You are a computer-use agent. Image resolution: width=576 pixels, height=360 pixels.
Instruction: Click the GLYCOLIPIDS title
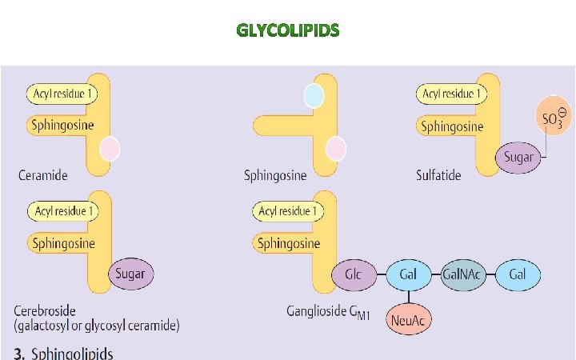(288, 31)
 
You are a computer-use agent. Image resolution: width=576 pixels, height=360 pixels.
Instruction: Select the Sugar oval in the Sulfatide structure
(518, 157)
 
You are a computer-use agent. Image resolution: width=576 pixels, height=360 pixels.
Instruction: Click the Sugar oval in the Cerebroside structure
(130, 274)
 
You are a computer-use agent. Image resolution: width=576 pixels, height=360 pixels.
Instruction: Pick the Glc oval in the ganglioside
(354, 274)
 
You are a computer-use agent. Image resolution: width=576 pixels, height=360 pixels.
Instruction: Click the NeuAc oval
(408, 320)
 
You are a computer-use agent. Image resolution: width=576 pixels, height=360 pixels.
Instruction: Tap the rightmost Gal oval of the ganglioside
(518, 274)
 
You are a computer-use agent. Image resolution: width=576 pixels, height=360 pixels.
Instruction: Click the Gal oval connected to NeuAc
(408, 274)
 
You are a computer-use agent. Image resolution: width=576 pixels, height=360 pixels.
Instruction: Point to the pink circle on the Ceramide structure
(110, 149)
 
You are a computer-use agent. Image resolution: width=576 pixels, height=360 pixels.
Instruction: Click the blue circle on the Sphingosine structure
(314, 96)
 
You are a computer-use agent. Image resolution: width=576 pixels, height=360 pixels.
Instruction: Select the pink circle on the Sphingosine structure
(336, 149)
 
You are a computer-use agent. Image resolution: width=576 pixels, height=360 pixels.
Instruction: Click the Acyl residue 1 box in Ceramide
(62, 94)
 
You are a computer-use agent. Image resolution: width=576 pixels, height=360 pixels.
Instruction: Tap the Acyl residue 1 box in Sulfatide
(451, 94)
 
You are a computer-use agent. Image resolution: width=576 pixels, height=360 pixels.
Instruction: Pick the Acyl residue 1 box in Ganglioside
(288, 211)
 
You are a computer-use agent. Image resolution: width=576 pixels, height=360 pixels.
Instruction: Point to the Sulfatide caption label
(438, 174)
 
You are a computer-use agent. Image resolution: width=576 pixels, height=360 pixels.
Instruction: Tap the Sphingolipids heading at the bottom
(73, 353)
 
